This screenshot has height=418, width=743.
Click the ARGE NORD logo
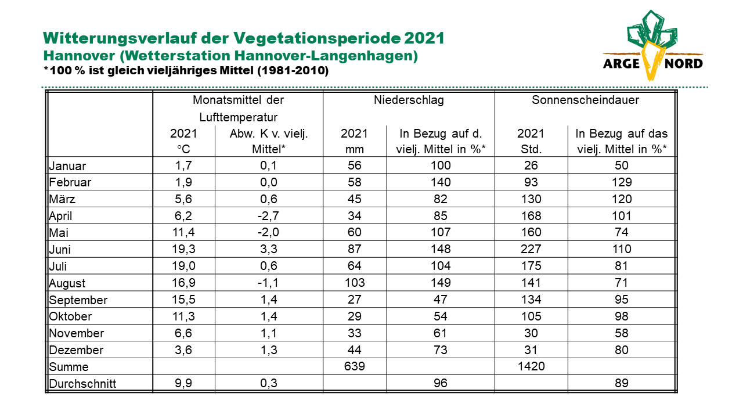click(653, 46)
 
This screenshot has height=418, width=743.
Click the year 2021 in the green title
click(424, 38)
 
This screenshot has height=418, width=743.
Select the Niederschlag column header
click(409, 100)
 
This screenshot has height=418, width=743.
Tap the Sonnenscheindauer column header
click(585, 100)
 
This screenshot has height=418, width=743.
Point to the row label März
click(62, 199)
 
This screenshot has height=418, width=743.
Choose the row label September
click(78, 300)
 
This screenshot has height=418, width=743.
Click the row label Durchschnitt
click(82, 384)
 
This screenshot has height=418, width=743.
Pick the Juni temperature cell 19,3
click(183, 249)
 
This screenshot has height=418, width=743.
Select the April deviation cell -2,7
click(268, 215)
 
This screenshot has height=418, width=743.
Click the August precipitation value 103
click(355, 283)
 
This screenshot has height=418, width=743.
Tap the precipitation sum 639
click(355, 366)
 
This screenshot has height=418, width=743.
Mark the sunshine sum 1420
click(531, 366)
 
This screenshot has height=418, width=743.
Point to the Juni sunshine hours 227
click(531, 249)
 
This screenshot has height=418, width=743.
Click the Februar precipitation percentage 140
click(441, 182)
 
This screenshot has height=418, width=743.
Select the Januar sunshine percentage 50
click(622, 165)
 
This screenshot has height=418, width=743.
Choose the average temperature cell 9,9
click(183, 383)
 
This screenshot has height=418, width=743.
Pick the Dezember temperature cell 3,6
click(183, 349)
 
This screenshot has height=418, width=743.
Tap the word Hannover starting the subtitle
click(79, 56)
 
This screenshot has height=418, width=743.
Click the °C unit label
click(183, 149)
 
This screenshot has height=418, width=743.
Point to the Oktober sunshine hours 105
click(531, 316)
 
